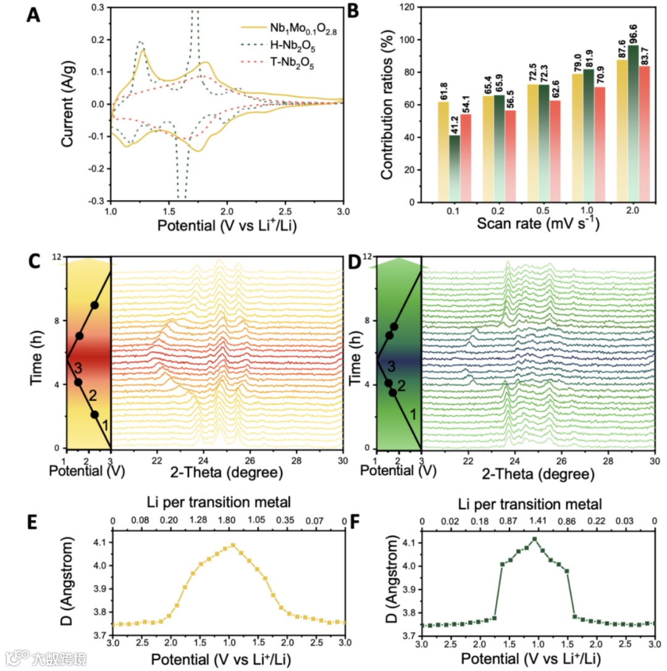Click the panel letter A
[x=34, y=14]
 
